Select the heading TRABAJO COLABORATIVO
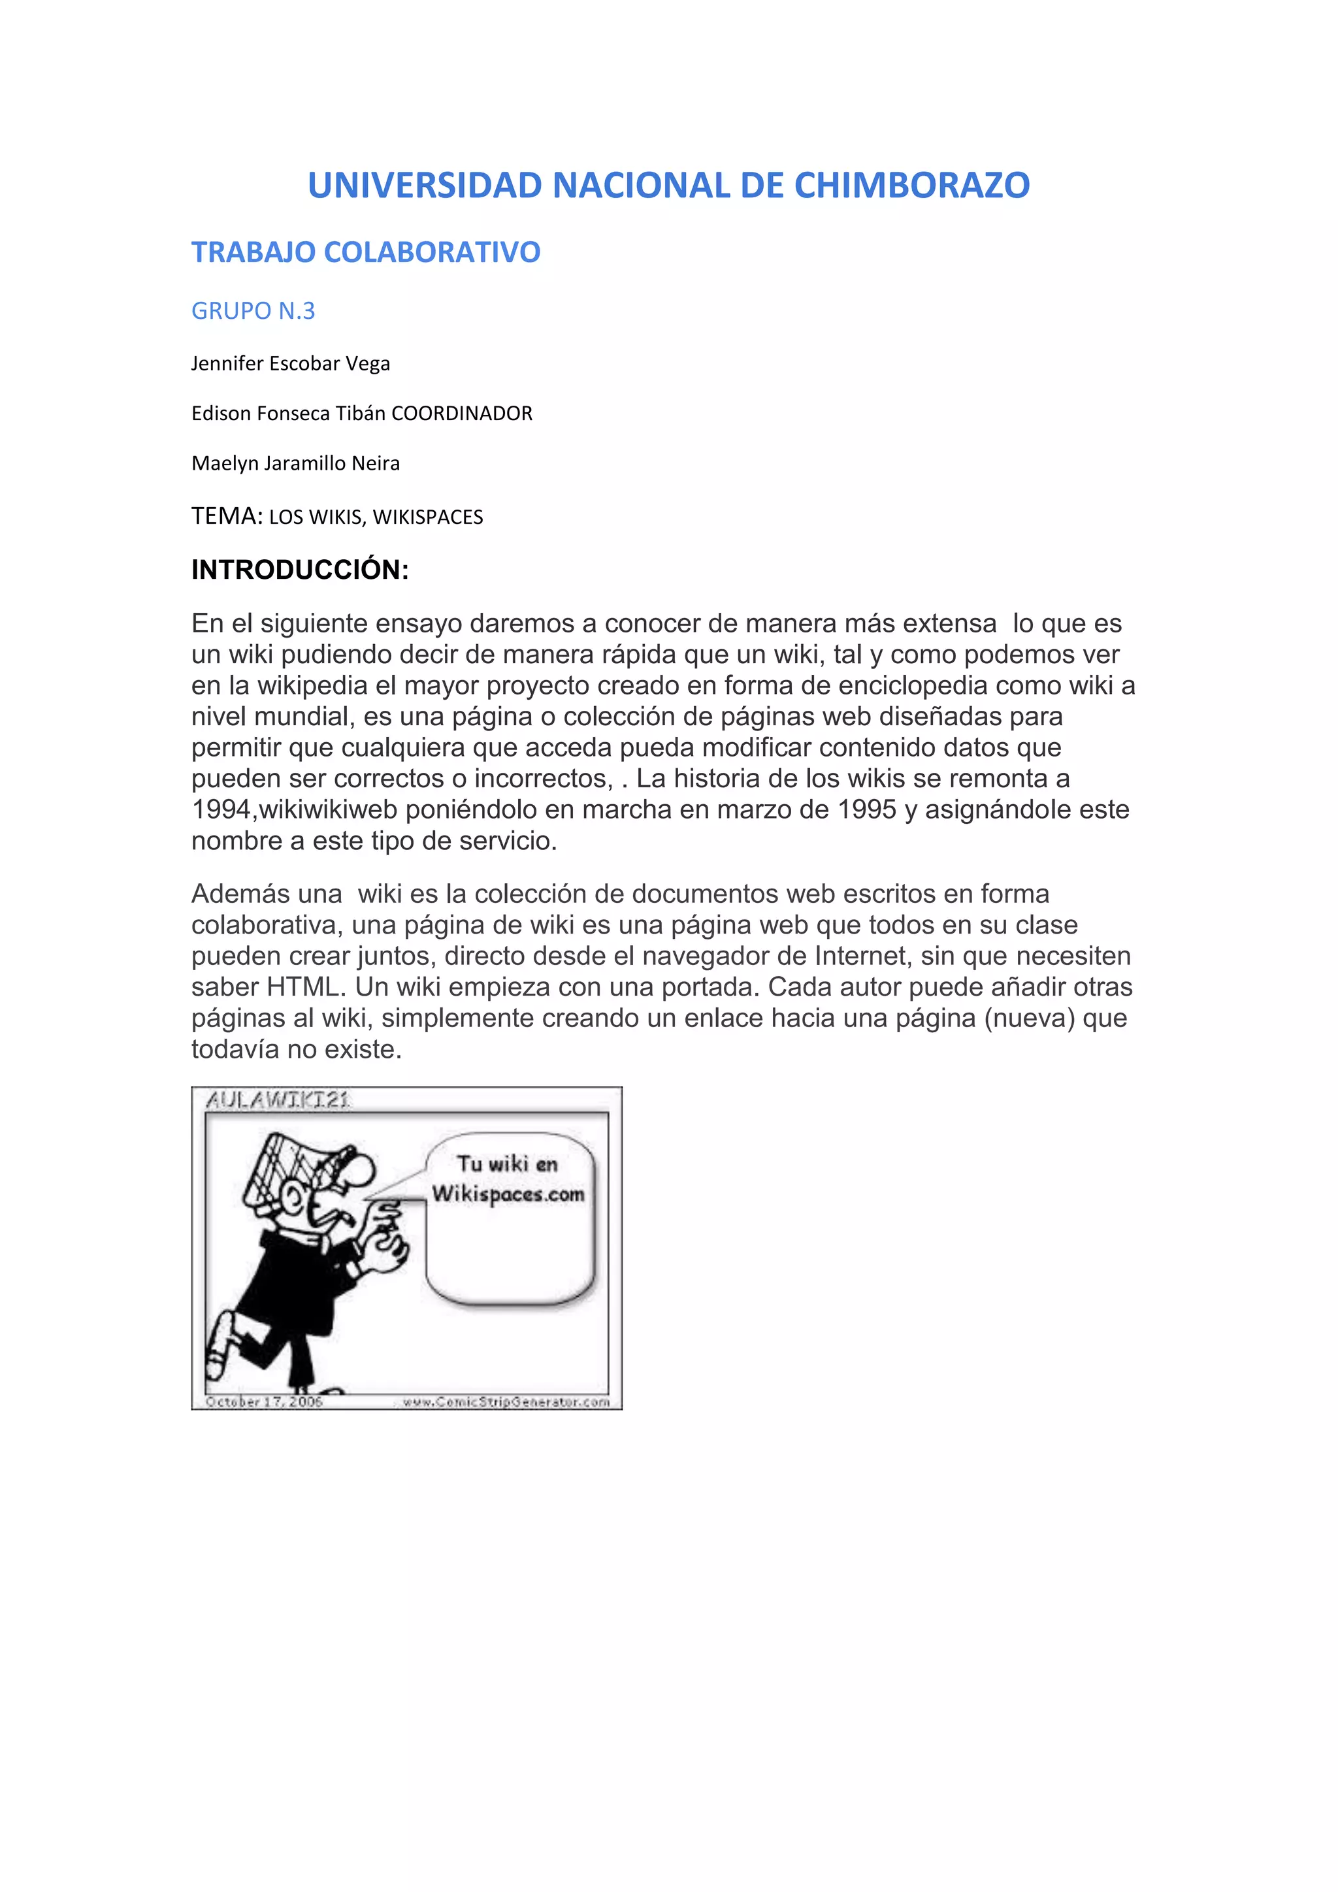[x=366, y=252]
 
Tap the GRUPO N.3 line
[x=253, y=311]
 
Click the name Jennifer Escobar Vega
[x=290, y=363]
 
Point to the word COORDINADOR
[x=461, y=414]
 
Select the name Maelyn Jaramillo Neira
[x=295, y=463]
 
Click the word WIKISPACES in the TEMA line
[x=428, y=517]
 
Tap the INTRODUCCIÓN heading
[x=300, y=570]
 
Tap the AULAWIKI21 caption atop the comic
[x=278, y=1100]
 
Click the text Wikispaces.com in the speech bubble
[x=508, y=1194]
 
